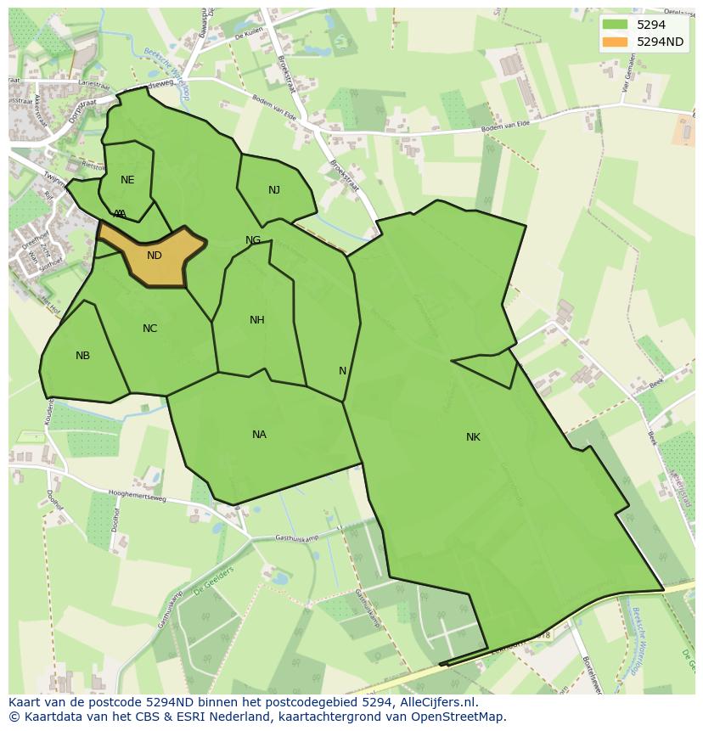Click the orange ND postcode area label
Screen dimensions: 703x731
(x=154, y=255)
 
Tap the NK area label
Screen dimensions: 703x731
(x=473, y=437)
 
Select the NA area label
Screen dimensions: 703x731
(x=259, y=435)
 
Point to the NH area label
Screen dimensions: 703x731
(x=257, y=320)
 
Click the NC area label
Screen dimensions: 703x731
(x=149, y=329)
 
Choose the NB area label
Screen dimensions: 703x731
(x=82, y=356)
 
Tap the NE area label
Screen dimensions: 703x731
(x=127, y=180)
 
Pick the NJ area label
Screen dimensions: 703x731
(x=274, y=190)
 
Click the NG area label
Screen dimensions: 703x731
(x=253, y=240)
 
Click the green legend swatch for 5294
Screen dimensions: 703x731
(x=616, y=25)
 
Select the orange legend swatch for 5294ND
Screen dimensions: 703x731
(x=616, y=42)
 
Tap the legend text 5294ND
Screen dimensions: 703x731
(x=661, y=42)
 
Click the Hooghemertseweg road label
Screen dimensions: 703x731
(x=137, y=493)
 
